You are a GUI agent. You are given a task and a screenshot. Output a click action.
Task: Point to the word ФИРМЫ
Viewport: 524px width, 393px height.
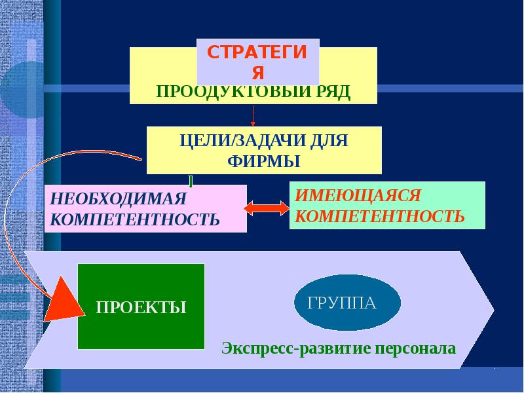[263, 160]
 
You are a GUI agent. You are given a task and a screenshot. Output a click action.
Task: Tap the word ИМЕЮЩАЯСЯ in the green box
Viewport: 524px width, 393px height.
[357, 195]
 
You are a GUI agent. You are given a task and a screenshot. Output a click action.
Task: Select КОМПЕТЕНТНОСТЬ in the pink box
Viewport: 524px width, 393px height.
[134, 218]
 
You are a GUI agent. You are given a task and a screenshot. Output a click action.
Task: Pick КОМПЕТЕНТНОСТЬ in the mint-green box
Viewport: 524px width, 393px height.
[380, 215]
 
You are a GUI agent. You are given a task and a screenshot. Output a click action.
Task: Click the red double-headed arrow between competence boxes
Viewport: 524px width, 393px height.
[267, 208]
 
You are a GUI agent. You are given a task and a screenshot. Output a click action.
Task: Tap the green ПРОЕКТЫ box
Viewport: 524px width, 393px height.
[141, 306]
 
